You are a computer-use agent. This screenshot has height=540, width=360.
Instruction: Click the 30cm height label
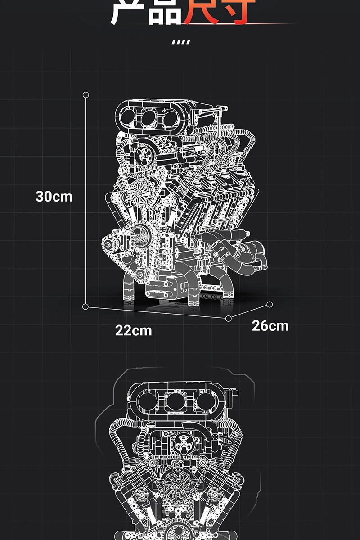tap(54, 197)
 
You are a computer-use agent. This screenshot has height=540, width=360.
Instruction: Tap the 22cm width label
tap(133, 330)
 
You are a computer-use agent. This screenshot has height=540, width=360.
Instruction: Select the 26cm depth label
tap(270, 325)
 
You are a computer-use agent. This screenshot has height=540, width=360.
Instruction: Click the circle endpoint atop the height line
tap(86, 95)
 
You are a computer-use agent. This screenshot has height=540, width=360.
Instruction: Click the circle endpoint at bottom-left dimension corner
tap(85, 306)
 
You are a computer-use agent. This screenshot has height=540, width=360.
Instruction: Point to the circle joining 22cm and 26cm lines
tap(229, 318)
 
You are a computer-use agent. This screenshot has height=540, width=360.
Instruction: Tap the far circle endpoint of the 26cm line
tap(270, 305)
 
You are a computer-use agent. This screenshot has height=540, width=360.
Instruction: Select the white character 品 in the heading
tap(164, 11)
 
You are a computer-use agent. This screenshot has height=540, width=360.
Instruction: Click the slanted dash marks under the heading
tap(181, 42)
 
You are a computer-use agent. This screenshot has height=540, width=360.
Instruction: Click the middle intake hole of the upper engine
tap(148, 118)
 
